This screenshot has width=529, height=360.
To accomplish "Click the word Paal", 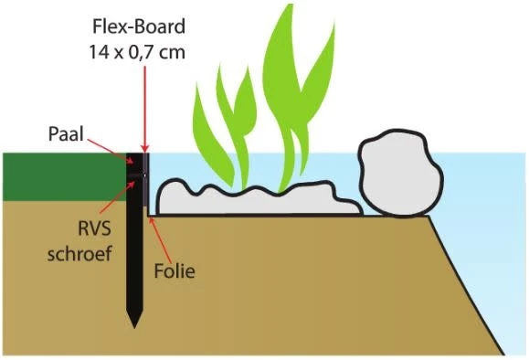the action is (67, 135).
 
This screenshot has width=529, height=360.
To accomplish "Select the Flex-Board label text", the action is (139, 23).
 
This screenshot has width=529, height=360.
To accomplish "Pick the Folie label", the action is (175, 270).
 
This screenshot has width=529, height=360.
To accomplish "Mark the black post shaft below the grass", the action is (134, 265).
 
